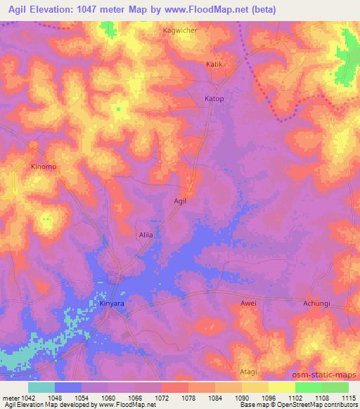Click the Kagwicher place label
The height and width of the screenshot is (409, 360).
point(180,31)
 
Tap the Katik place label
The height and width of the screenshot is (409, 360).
point(214,64)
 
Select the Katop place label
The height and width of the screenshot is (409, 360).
point(214,98)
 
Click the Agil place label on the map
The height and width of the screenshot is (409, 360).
point(180,201)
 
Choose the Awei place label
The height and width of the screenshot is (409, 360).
point(248,304)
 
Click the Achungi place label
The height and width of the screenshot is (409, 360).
point(316,304)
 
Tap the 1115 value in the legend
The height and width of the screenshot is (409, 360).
point(347,397)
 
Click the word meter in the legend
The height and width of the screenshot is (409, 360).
point(8,397)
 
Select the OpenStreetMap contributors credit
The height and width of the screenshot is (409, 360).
point(316,405)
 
